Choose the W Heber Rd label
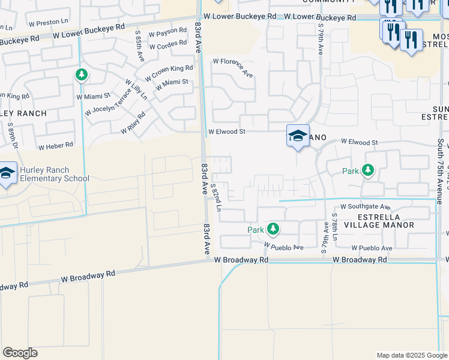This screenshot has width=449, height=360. pos(56,145)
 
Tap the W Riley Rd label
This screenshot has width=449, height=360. pos(133,123)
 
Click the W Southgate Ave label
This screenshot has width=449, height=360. pos(365,206)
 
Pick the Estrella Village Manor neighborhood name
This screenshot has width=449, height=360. pos(385,220)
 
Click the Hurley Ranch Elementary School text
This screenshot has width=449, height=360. pos(54,174)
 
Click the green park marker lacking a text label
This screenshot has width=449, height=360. pos(81,75)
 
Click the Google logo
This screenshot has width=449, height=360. pos(20,353)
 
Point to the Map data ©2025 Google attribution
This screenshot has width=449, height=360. pos(411,355)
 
